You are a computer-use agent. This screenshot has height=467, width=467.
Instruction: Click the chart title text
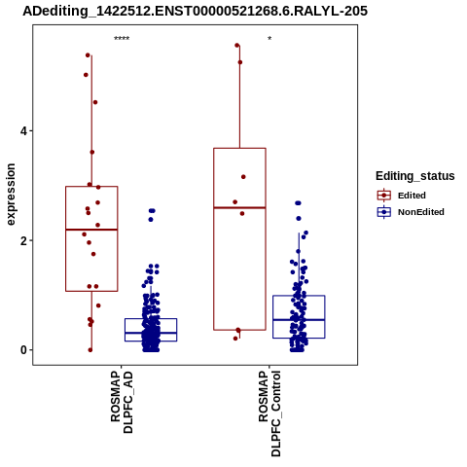(196, 11)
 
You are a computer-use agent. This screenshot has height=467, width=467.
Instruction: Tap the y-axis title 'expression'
(11, 195)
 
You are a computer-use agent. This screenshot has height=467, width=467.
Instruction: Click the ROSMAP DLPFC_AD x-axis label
(122, 402)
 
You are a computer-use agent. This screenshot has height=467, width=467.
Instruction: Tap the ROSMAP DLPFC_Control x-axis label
(269, 413)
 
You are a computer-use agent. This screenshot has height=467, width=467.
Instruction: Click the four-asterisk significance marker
(122, 39)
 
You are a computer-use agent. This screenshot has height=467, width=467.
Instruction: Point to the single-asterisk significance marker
(269, 39)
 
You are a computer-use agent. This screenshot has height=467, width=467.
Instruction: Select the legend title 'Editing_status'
(415, 176)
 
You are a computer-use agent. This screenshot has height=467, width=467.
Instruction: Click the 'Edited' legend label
(412, 196)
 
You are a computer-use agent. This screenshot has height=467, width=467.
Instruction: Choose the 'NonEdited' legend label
(421, 212)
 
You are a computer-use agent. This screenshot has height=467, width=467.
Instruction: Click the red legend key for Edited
(384, 196)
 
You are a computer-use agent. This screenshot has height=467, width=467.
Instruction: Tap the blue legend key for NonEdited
(384, 212)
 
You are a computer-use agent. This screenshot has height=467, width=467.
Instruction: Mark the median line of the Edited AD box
(91, 230)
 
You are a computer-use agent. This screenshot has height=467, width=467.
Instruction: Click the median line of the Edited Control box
(239, 207)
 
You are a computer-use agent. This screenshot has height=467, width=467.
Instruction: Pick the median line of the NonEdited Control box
(299, 320)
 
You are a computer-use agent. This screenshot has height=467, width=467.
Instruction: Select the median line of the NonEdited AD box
(151, 333)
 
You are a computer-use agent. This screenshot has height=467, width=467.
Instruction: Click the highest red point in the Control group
(237, 46)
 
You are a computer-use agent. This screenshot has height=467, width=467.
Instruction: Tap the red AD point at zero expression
(90, 350)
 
